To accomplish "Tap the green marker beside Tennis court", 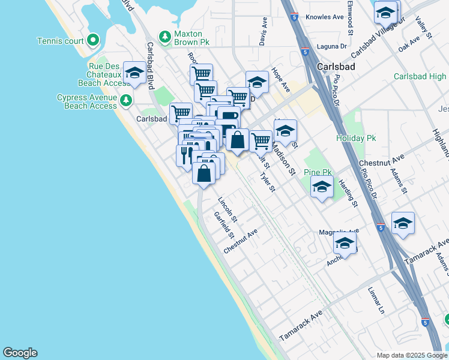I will click(x=92, y=41).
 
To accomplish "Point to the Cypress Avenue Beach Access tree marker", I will click(x=125, y=100).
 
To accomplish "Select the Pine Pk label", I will click(x=319, y=172).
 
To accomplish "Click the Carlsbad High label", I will click(x=420, y=77).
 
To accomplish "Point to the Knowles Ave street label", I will click(x=324, y=17).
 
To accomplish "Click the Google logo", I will click(x=20, y=353).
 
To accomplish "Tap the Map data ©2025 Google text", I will click(x=411, y=355).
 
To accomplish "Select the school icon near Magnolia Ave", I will click(x=345, y=243).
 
